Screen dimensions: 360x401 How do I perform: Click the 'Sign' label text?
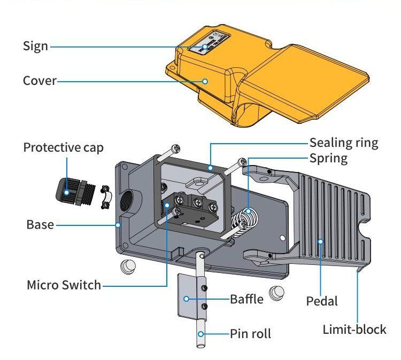click(x=35, y=46)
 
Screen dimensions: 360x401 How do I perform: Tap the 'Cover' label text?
click(x=39, y=81)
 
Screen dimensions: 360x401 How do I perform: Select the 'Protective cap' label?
click(x=63, y=147)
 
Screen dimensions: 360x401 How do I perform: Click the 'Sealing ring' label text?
click(x=344, y=143)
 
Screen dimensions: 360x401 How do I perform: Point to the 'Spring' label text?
click(x=328, y=159)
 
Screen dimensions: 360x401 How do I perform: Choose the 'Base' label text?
click(x=40, y=225)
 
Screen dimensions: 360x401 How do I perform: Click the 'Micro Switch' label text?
click(x=64, y=285)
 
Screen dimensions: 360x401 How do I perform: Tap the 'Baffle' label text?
click(x=246, y=299)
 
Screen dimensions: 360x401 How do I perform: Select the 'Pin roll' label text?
click(x=250, y=334)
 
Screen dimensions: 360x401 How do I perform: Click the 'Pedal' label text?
click(x=322, y=301)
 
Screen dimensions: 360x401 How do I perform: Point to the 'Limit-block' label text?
click(x=354, y=330)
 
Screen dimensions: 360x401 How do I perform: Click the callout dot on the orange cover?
click(x=205, y=81)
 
